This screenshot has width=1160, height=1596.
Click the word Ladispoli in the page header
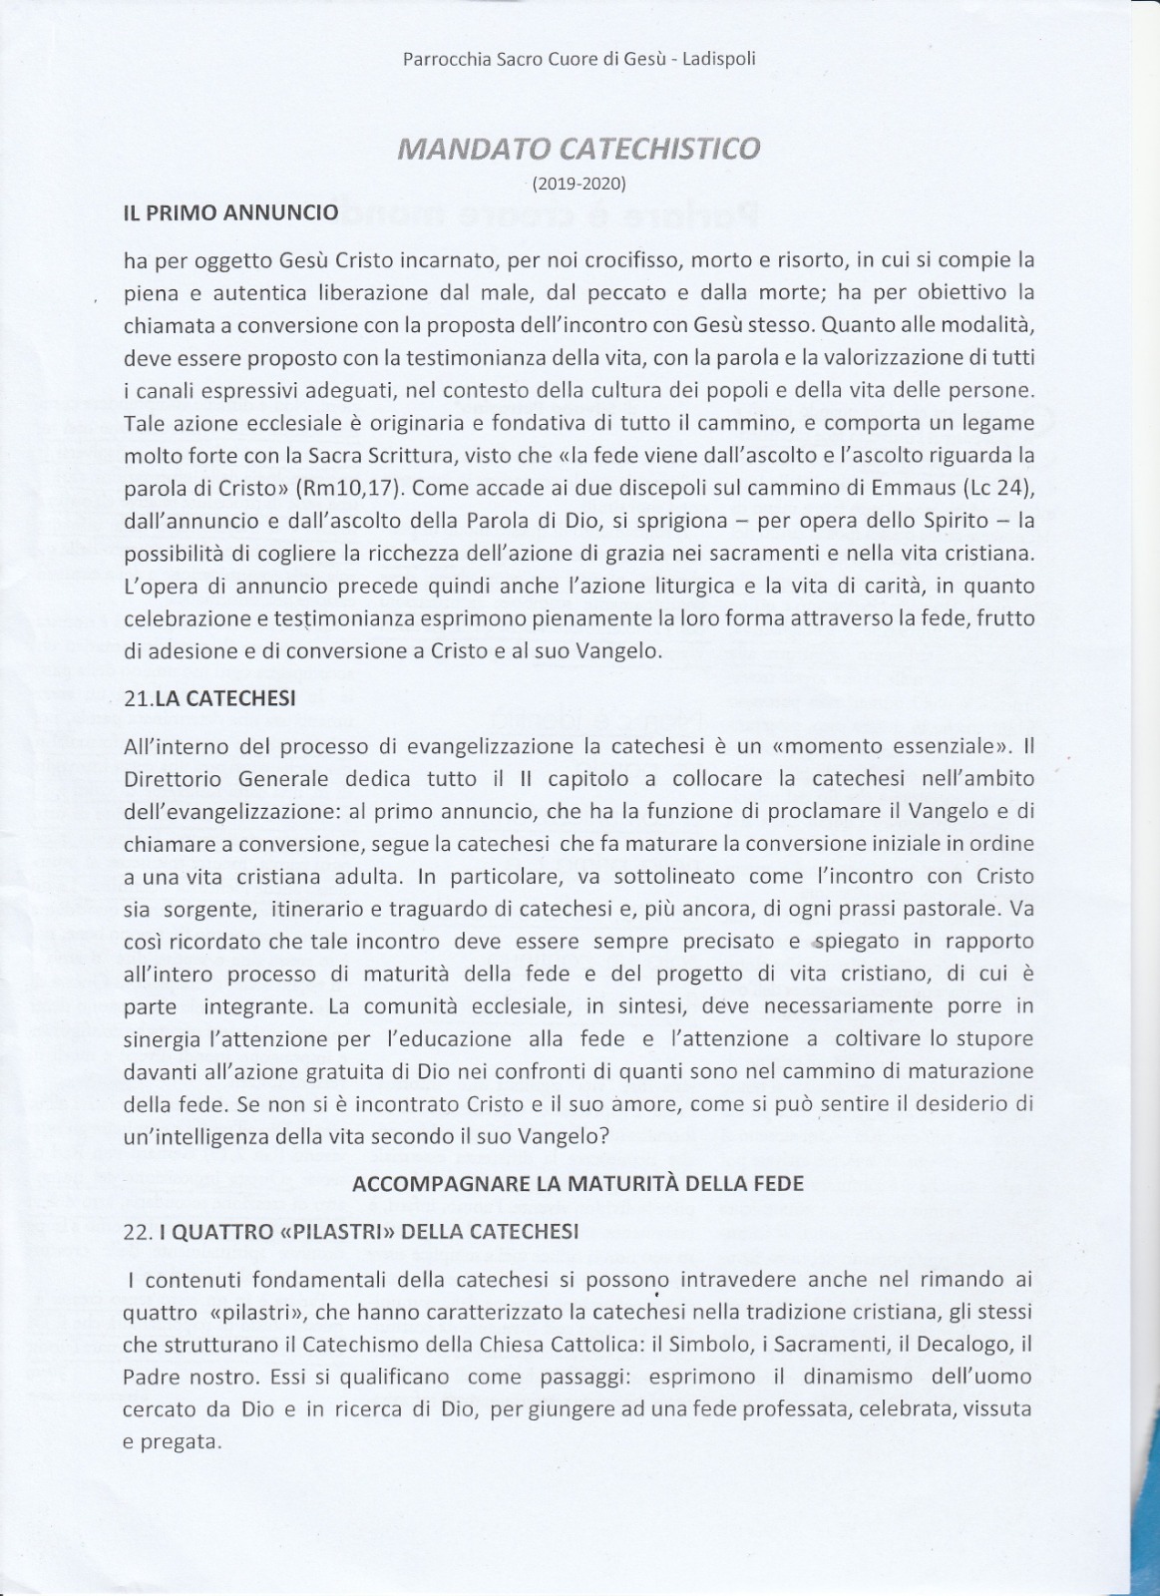[717, 59]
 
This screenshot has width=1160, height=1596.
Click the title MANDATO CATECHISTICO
[579, 149]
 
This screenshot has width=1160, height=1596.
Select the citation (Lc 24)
[991, 489]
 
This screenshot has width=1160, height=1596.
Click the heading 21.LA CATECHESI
[209, 698]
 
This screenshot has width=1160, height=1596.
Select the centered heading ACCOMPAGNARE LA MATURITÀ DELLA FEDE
[579, 1184]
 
